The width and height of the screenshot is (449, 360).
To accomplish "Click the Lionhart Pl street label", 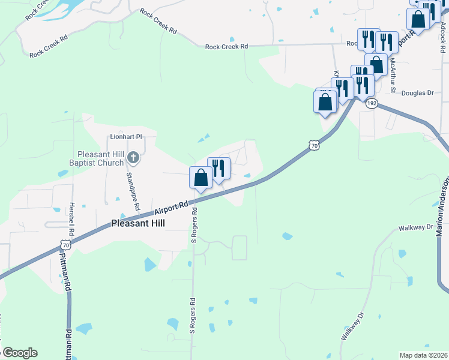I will [125, 136].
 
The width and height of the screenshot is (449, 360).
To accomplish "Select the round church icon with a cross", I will [133, 159].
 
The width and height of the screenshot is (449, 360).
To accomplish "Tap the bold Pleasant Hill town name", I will [138, 224].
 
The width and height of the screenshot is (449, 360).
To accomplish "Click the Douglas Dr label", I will [417, 93].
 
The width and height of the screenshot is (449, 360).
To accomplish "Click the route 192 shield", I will [372, 103].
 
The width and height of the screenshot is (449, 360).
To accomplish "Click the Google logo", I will [20, 353].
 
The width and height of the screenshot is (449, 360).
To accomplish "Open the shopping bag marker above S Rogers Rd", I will [200, 178].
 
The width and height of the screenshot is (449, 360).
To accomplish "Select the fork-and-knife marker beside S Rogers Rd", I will [218, 169].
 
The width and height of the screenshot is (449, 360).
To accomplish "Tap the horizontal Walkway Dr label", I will [415, 228].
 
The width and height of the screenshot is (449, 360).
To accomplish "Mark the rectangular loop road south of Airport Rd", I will [240, 248].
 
